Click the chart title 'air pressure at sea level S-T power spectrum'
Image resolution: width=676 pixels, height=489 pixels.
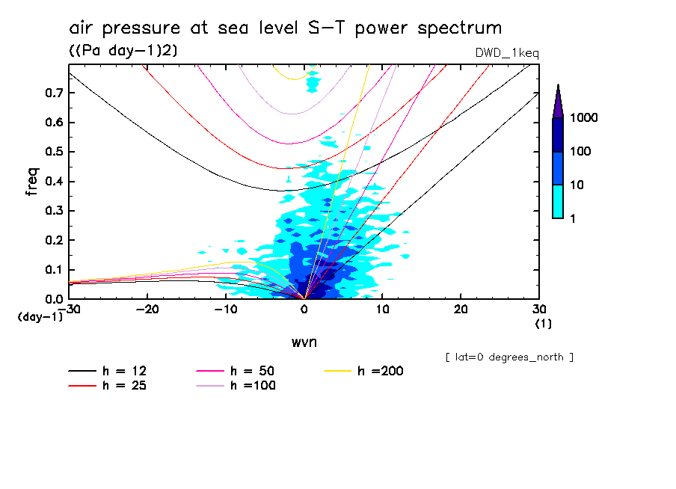point(285,28)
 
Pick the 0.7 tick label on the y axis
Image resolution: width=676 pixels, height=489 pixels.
point(52,93)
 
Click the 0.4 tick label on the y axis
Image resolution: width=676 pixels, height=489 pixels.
point(52,182)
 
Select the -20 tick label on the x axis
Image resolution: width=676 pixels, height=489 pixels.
point(147,309)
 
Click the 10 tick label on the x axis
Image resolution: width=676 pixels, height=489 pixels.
point(382,309)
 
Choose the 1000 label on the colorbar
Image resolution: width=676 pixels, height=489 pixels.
point(585,118)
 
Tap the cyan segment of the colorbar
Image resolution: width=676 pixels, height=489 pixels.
point(558,201)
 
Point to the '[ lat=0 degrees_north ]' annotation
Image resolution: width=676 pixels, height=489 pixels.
point(509,357)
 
